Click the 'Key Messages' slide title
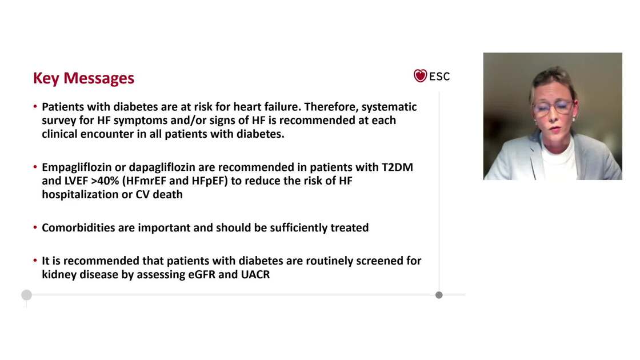[83, 78]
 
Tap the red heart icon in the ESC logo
[420, 76]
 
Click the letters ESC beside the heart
[439, 76]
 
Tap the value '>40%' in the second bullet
[104, 181]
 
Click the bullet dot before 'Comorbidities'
[35, 228]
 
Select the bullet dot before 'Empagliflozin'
[35, 167]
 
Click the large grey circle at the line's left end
[26, 295]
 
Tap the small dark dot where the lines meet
[439, 295]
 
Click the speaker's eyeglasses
[553, 107]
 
